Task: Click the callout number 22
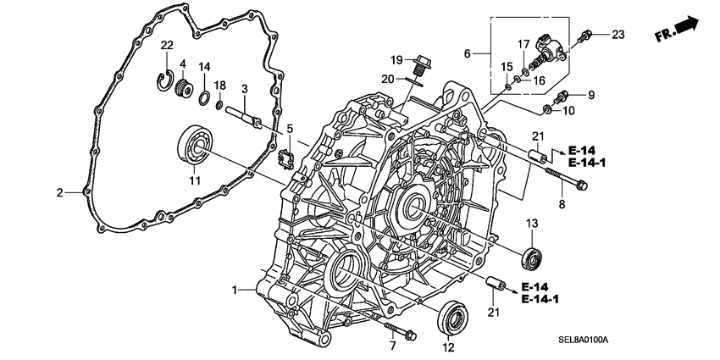[168, 45]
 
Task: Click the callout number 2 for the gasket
[59, 193]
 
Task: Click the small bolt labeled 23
[584, 36]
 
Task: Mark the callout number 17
[523, 43]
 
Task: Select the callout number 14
[204, 68]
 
